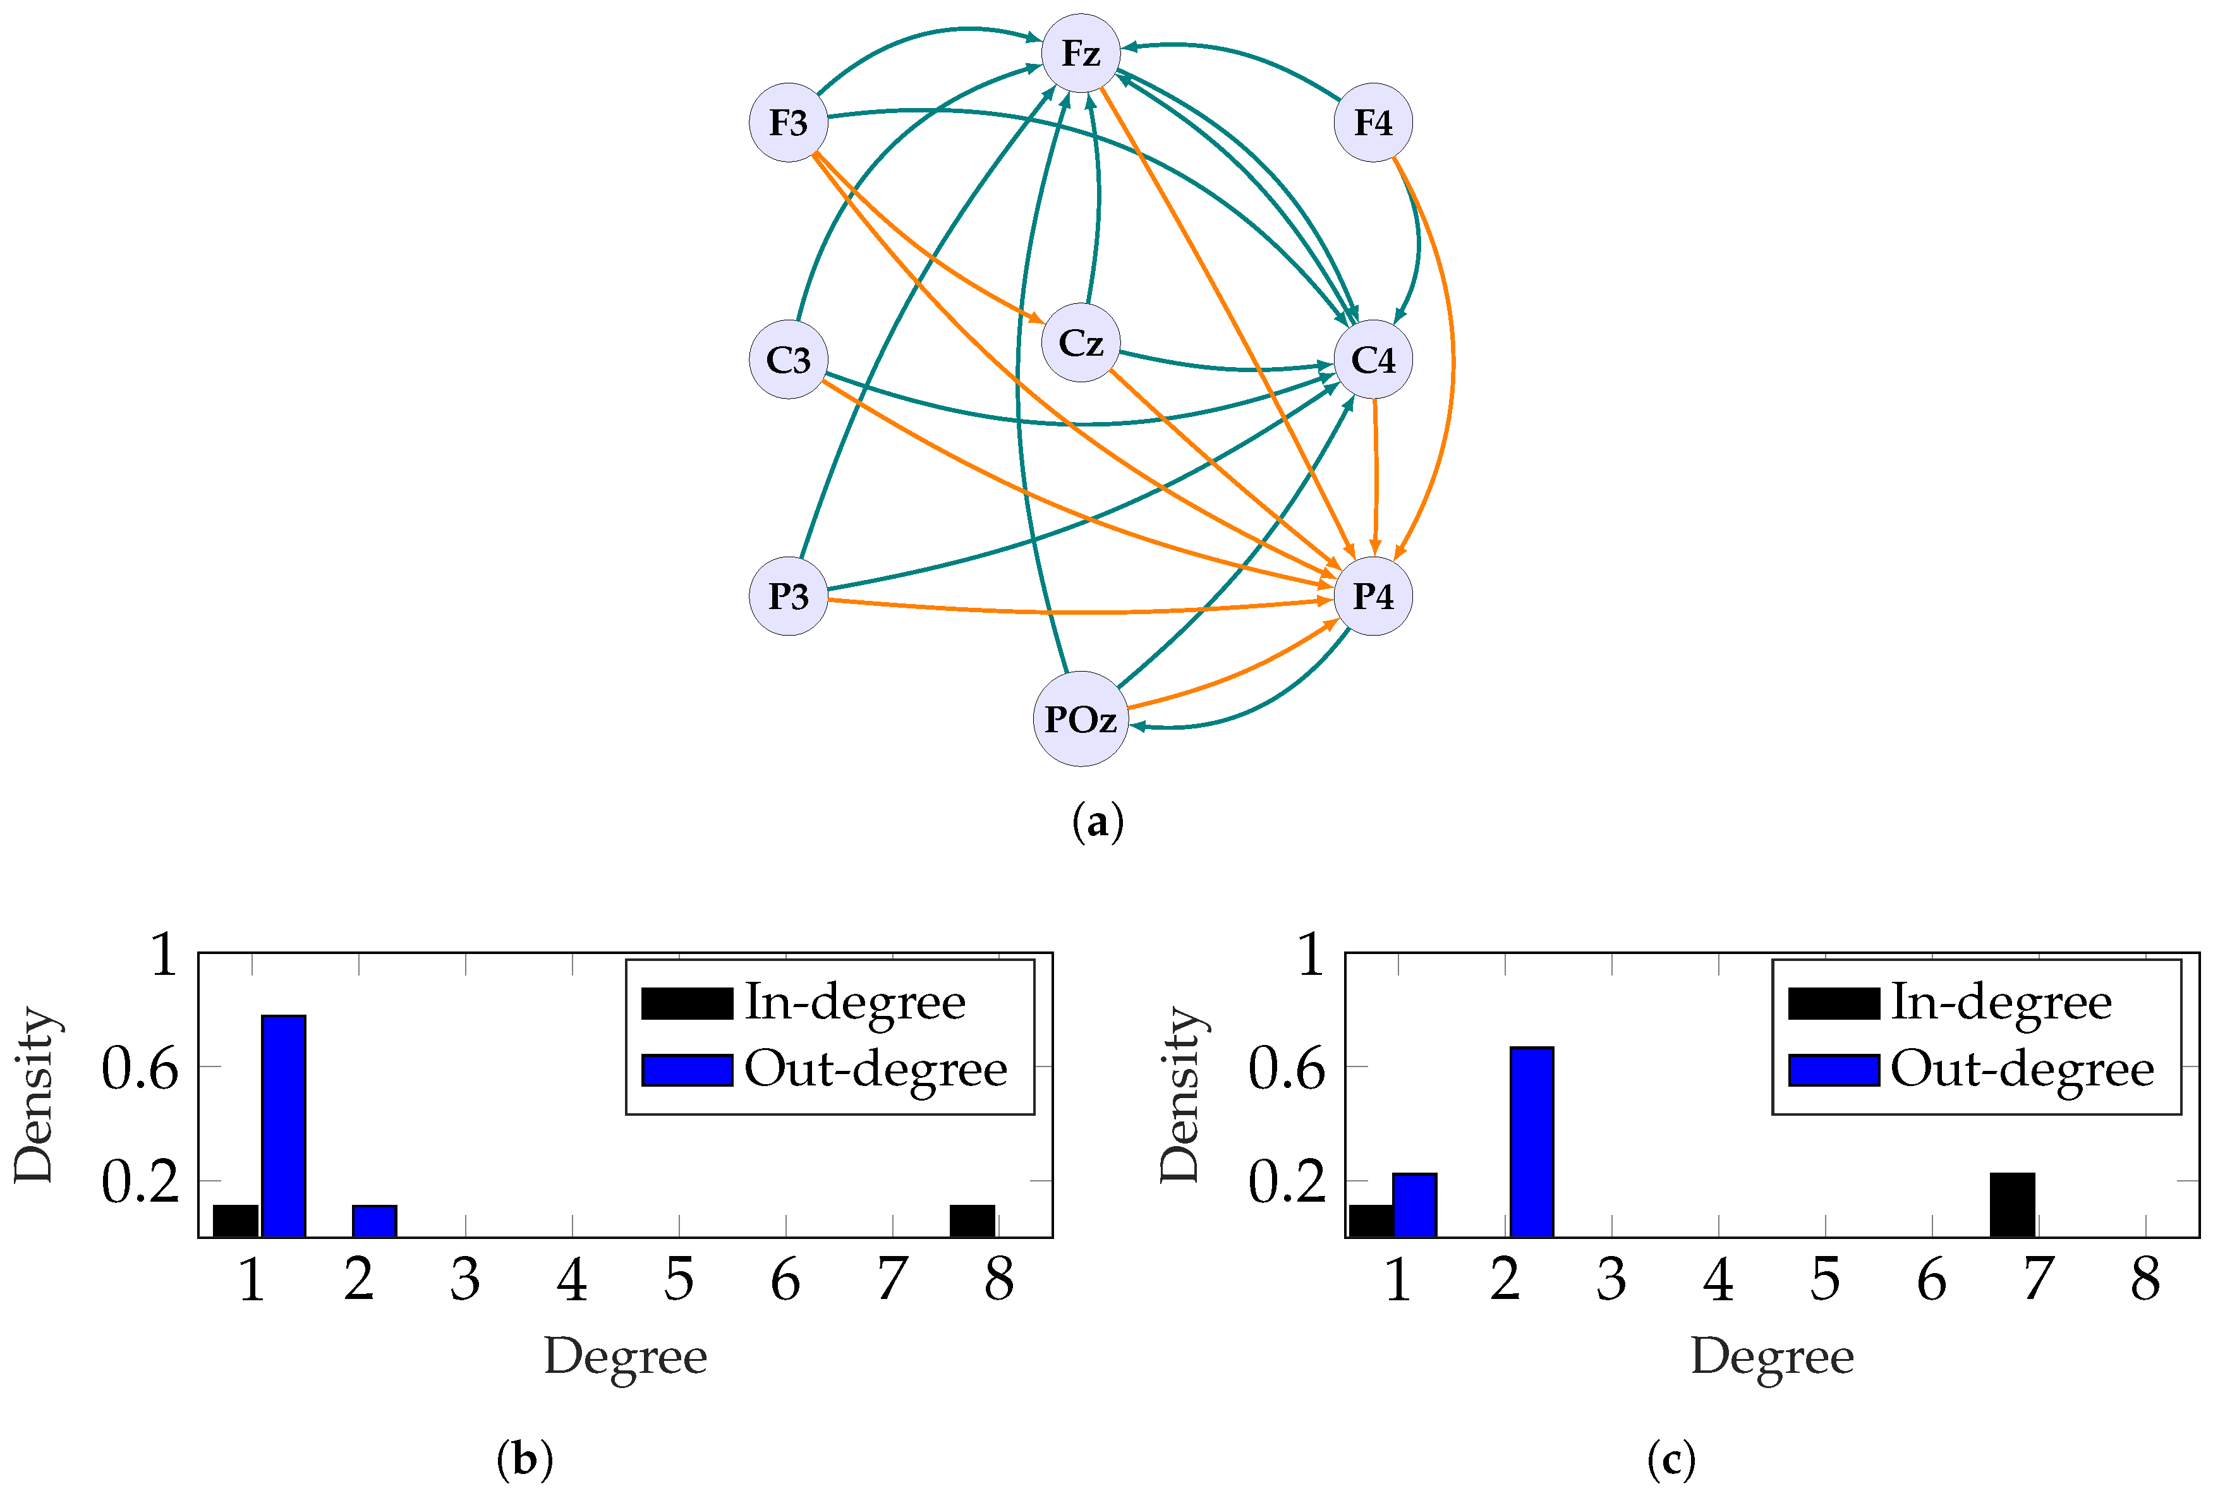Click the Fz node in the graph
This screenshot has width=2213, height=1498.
tap(1080, 53)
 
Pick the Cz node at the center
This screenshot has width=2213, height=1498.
tap(1080, 343)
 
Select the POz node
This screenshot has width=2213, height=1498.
tap(1080, 719)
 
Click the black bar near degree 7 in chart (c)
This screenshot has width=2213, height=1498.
tap(2011, 1205)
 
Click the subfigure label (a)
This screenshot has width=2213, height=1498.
tap(1097, 821)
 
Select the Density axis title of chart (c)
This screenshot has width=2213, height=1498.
tap(1181, 1095)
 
